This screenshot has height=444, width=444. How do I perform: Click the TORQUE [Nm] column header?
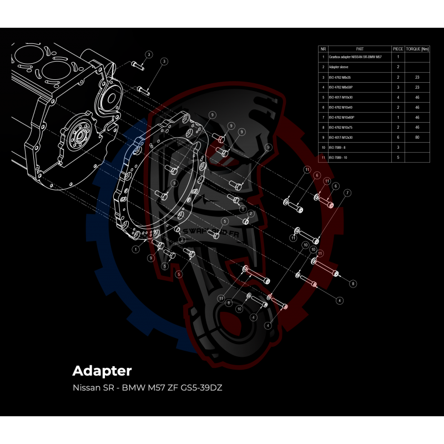(417, 49)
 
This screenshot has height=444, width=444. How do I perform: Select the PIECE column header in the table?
(398, 49)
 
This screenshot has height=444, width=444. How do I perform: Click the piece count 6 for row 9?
(398, 137)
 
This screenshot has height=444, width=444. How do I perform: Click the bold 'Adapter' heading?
(102, 370)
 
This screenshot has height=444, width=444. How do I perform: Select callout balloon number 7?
(347, 193)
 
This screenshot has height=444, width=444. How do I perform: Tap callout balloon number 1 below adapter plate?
(135, 250)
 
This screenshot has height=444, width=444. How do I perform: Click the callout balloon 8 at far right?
(352, 283)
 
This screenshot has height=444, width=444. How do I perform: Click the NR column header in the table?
(323, 49)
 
